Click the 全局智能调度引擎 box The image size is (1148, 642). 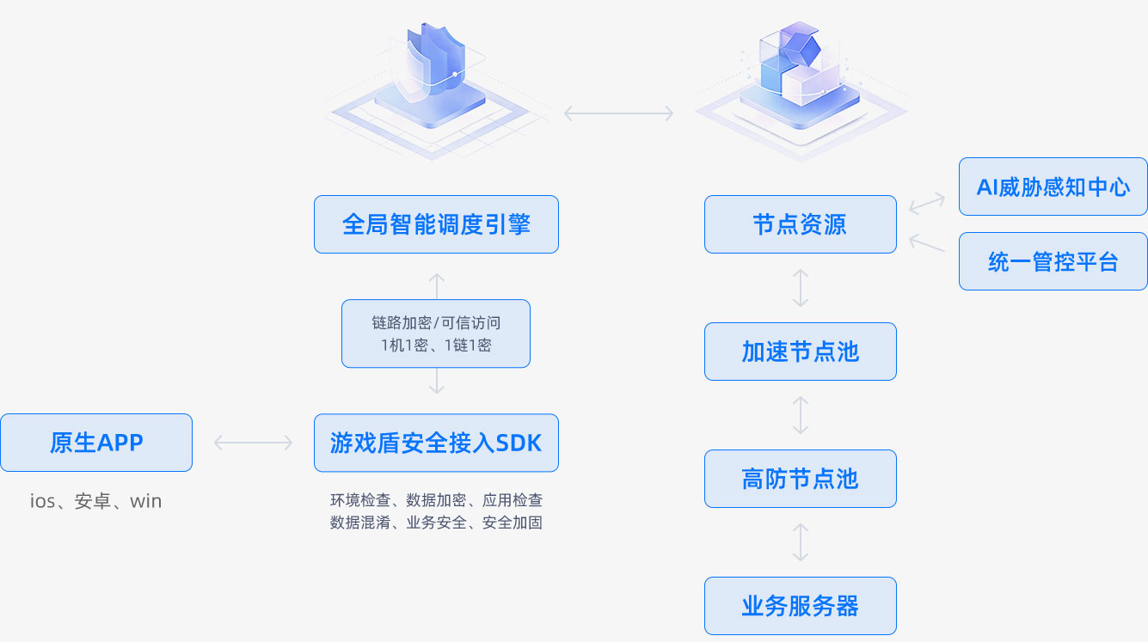click(436, 224)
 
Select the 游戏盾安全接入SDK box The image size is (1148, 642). click(436, 443)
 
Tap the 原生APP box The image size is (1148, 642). click(96, 443)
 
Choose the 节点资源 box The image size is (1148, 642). click(800, 224)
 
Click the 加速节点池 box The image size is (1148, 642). click(800, 352)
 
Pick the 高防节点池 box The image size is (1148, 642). click(800, 479)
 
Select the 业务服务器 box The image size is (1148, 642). click(800, 606)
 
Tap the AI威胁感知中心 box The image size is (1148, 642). click(1053, 186)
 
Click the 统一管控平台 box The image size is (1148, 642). click(1053, 261)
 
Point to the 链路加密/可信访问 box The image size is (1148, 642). click(436, 333)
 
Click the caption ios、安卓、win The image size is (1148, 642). click(96, 501)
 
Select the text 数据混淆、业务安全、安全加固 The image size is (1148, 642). click(436, 523)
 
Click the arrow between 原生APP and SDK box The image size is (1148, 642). click(253, 443)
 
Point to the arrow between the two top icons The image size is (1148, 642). click(618, 113)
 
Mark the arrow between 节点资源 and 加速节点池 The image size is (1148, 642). click(800, 288)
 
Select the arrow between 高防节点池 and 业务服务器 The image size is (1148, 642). click(800, 542)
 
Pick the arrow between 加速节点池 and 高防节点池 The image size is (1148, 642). click(800, 415)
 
